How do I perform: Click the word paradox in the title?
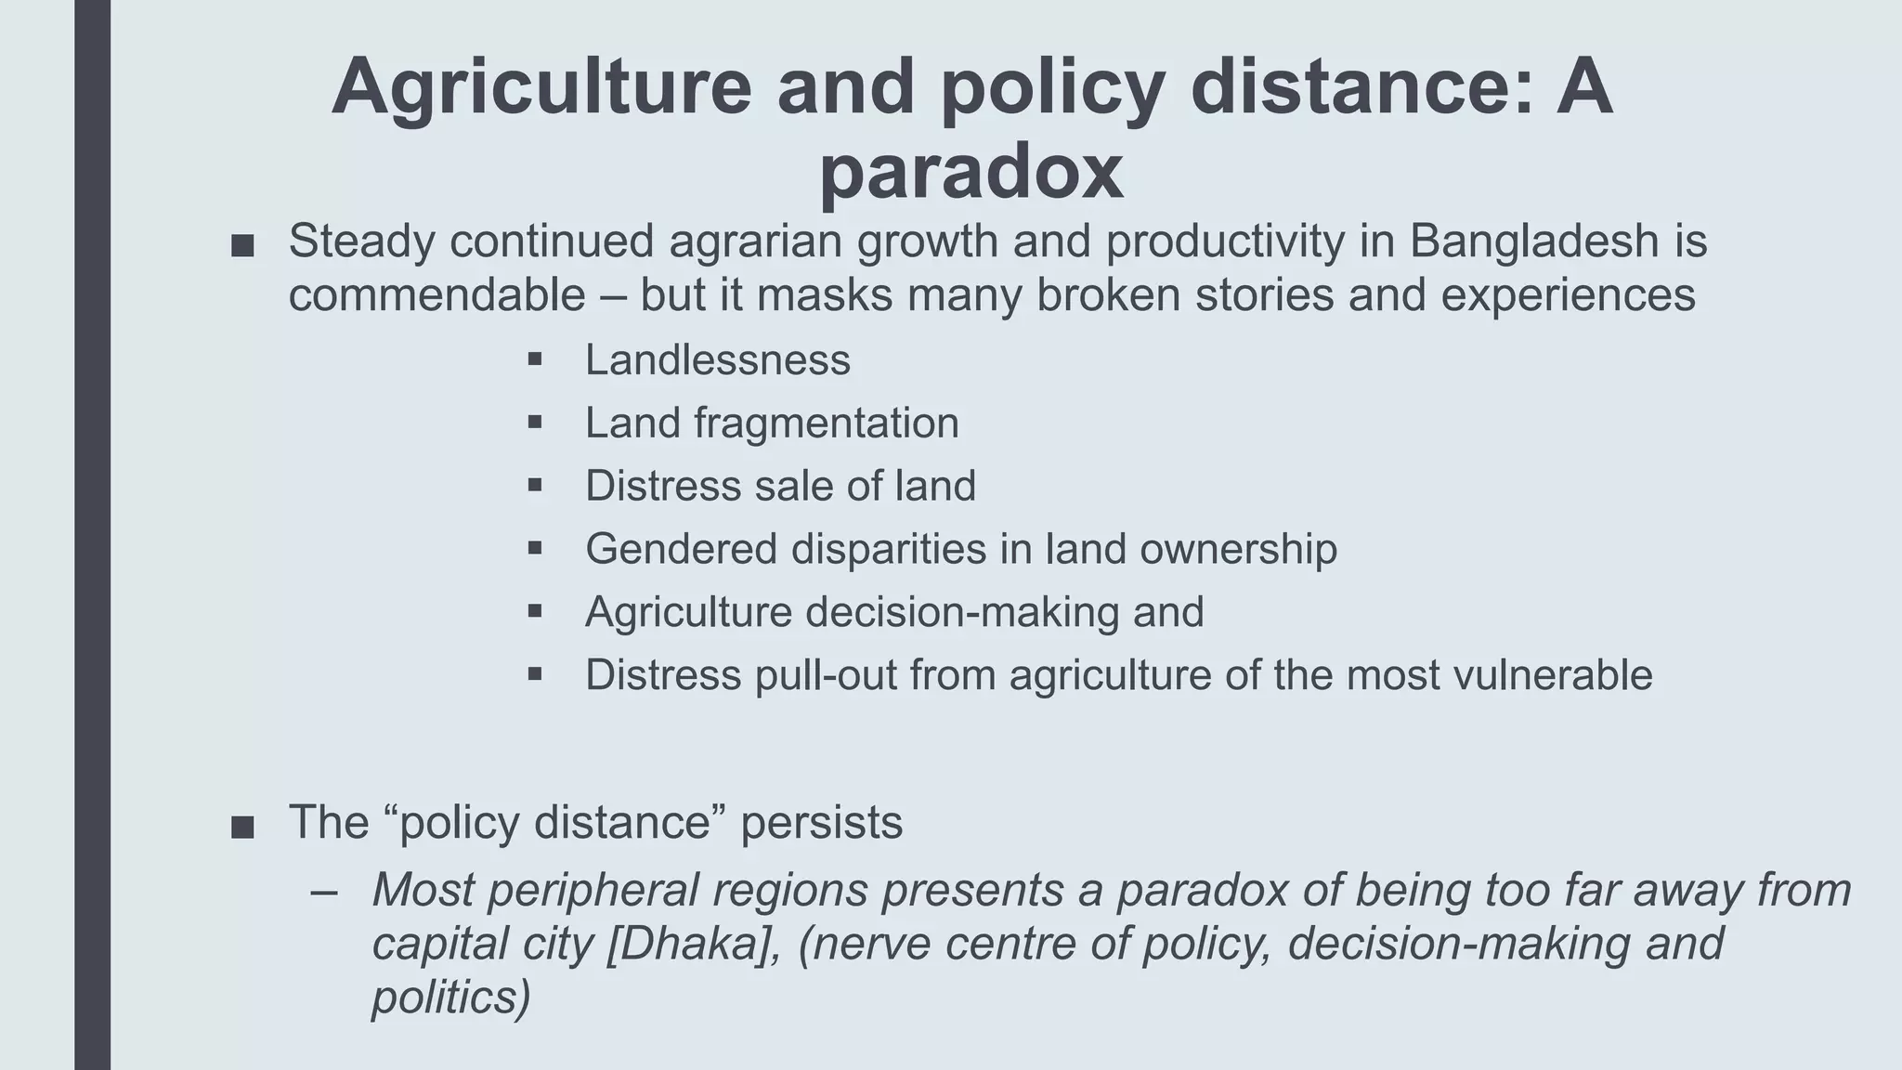pyautogui.click(x=971, y=172)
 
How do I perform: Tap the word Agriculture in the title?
pyautogui.click(x=541, y=86)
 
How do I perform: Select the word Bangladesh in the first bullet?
pyautogui.click(x=1534, y=241)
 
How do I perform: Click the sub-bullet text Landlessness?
pyautogui.click(x=717, y=360)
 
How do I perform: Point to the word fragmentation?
pyautogui.click(x=826, y=424)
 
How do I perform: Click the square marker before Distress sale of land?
pyautogui.click(x=534, y=485)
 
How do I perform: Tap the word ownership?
pyautogui.click(x=1238, y=549)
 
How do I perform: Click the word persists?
pyautogui.click(x=821, y=823)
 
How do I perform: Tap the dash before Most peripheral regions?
pyautogui.click(x=324, y=892)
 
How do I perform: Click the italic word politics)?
pyautogui.click(x=451, y=998)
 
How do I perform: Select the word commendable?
pyautogui.click(x=436, y=295)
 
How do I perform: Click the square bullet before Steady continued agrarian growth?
pyautogui.click(x=242, y=246)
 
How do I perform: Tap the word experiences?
pyautogui.click(x=1568, y=295)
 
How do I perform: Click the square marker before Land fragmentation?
pyautogui.click(x=534, y=422)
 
